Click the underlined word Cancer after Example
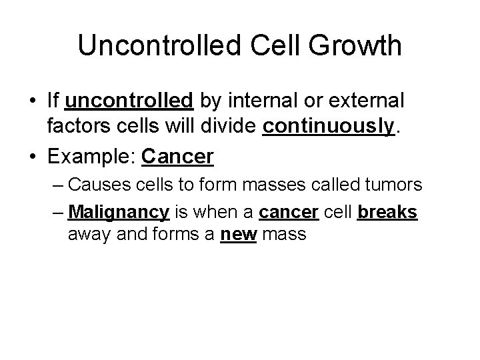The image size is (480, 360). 178,157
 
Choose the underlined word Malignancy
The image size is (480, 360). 118,213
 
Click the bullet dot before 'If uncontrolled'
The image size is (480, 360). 33,102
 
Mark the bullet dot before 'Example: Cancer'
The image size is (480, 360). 33,157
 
